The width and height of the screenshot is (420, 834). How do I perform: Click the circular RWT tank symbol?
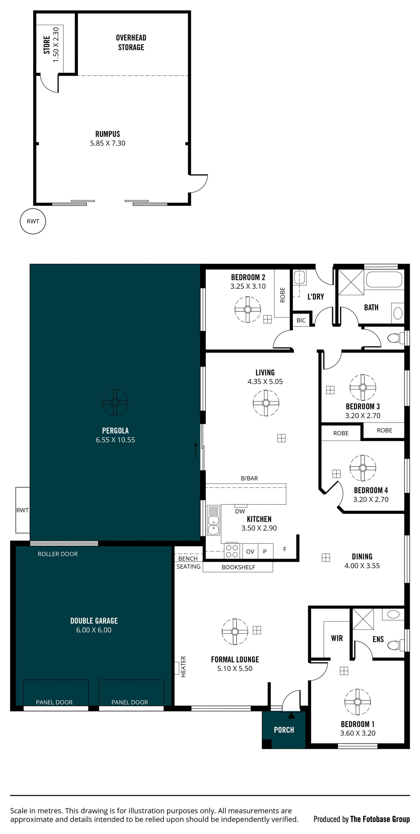[33, 221]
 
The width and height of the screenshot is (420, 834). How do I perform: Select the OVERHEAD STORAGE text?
[131, 42]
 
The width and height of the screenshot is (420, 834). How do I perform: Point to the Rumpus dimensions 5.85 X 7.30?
[108, 143]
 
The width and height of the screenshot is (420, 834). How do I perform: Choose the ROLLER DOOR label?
[58, 554]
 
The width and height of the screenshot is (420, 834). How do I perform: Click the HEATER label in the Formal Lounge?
[183, 667]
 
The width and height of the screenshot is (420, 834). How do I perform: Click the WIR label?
[337, 638]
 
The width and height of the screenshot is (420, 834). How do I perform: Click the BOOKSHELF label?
[238, 567]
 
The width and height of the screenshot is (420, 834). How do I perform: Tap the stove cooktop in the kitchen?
[232, 551]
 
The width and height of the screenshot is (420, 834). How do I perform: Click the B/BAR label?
[249, 478]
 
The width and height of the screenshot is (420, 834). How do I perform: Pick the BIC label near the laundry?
[301, 320]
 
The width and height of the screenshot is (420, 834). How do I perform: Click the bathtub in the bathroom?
[384, 279]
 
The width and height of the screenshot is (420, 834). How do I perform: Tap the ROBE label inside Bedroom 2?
[282, 295]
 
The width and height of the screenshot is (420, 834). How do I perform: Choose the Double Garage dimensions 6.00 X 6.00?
[94, 630]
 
